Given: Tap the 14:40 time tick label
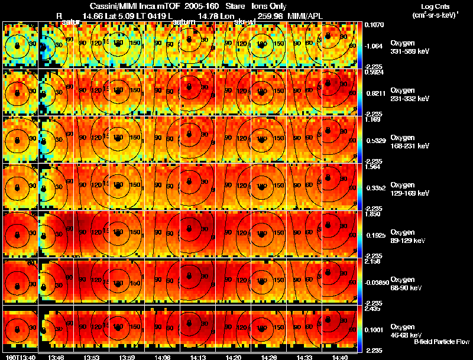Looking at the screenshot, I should pos(339,357).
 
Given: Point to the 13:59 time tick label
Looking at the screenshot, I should pos(127,357).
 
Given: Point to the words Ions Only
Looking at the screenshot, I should pos(269,6).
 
